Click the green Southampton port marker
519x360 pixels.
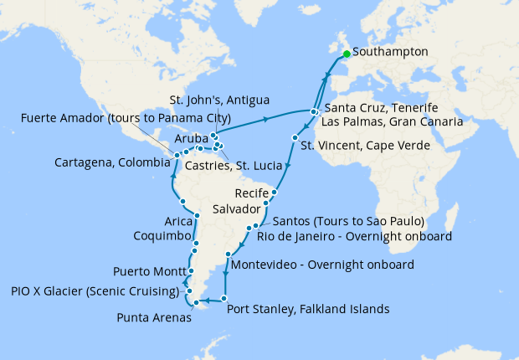pos(347,53)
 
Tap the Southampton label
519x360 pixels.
pos(390,52)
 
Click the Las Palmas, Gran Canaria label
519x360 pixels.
pos(393,122)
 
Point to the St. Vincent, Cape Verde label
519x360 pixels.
pos(365,146)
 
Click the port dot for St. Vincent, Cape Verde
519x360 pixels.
pos(295,137)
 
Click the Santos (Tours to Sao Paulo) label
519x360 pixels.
pos(348,222)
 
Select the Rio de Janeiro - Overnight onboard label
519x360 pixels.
pos(363,236)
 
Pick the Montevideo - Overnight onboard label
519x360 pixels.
pos(321,265)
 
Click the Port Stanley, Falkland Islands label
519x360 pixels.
pos(308,309)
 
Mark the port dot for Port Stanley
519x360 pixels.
pos(224,300)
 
